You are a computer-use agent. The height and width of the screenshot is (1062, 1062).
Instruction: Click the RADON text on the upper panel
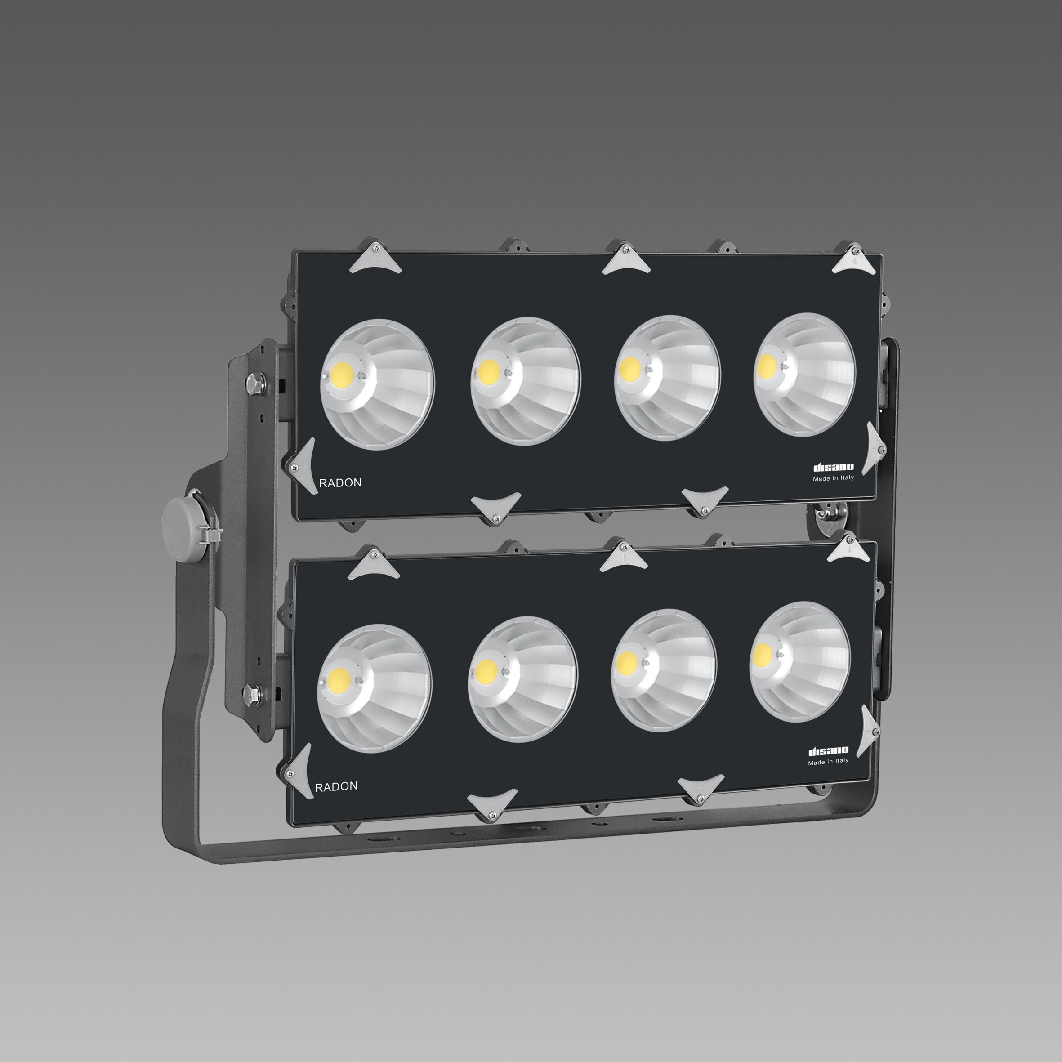(x=340, y=482)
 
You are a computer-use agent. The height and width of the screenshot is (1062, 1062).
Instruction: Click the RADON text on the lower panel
(x=336, y=786)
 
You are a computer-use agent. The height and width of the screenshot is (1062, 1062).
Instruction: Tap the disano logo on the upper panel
(x=833, y=467)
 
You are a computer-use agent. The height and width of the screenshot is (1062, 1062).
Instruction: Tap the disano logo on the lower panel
(x=828, y=751)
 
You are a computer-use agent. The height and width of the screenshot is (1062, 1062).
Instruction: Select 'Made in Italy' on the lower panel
(x=828, y=761)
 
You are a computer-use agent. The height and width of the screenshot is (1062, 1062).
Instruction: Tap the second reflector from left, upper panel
(x=526, y=381)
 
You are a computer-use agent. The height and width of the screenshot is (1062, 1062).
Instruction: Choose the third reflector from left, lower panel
(x=664, y=670)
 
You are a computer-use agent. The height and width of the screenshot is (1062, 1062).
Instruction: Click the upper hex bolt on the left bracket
(x=254, y=383)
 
